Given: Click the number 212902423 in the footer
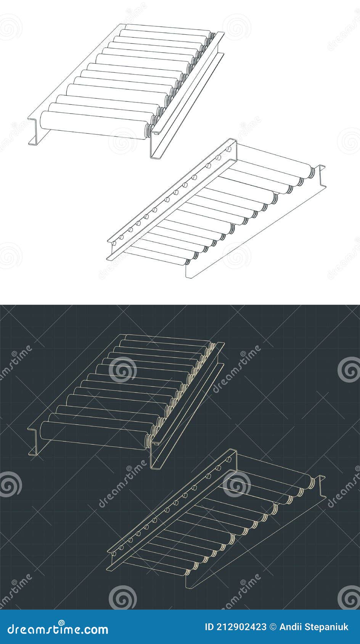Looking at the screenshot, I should point(241,627).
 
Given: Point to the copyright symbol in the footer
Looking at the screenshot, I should point(273,627).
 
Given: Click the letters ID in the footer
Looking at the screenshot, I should point(209,627).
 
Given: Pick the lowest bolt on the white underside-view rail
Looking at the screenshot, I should point(121,237).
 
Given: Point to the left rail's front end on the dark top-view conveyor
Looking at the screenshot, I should point(33,442).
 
